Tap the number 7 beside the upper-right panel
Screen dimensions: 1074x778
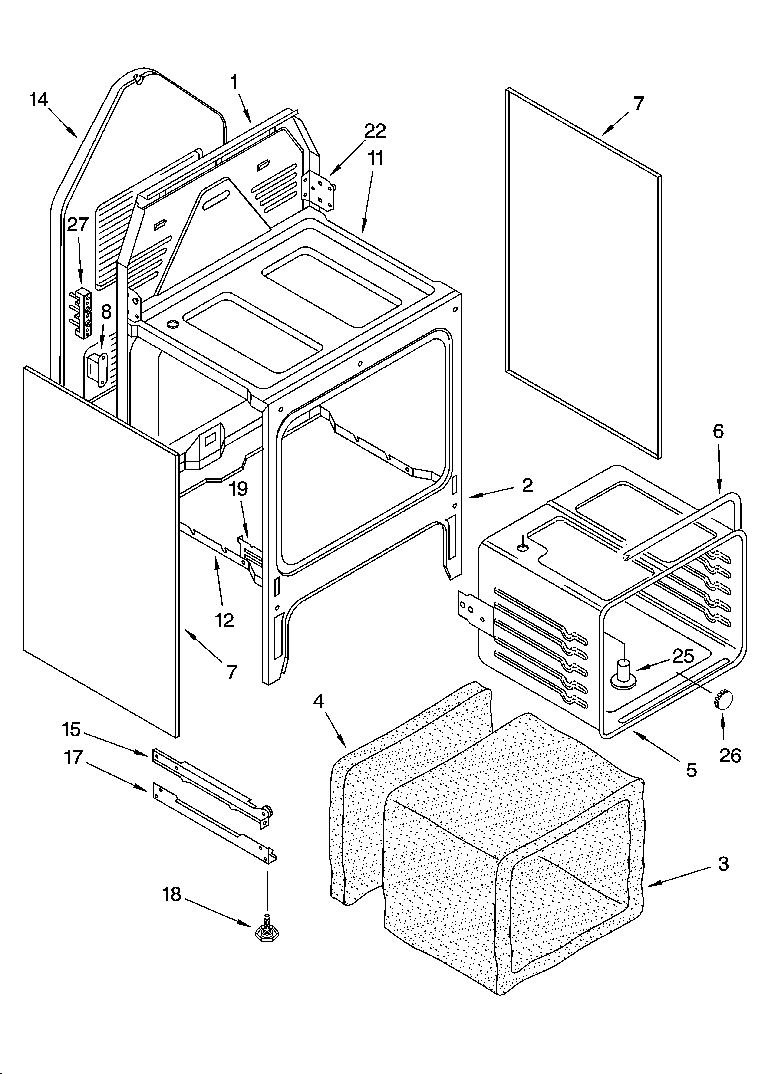(639, 103)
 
